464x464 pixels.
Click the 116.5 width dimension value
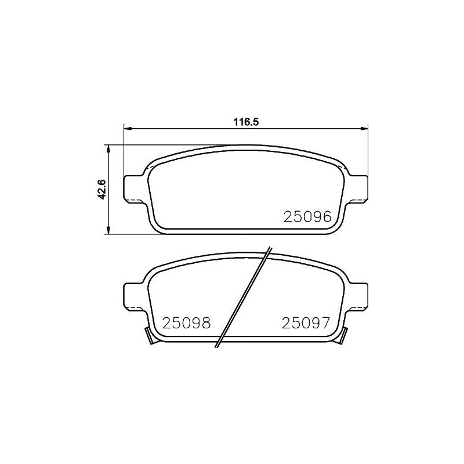[246, 122]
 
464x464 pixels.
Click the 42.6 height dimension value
[102, 189]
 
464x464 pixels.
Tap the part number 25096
[307, 216]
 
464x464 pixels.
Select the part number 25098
[186, 323]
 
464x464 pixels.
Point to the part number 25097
[306, 323]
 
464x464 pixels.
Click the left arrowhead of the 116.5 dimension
[127, 128]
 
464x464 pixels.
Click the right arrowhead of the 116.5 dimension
[364, 128]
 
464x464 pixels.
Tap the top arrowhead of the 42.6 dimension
[108, 149]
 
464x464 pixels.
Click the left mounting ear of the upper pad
[133, 189]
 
